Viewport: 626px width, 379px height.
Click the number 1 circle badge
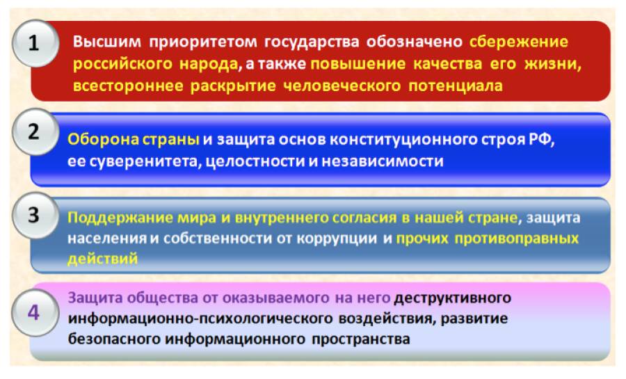click(35, 43)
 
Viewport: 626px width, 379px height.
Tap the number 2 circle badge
click(35, 132)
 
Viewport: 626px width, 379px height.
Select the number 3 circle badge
click(35, 216)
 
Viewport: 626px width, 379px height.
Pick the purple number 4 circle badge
click(35, 313)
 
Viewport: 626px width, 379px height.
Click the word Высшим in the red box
click(107, 42)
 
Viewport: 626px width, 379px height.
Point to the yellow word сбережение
click(519, 42)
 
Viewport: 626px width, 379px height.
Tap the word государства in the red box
click(312, 42)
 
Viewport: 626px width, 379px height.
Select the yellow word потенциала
click(456, 86)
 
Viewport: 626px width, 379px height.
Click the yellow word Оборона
click(103, 139)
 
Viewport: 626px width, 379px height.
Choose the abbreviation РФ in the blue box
click(542, 140)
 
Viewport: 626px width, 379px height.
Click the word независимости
click(383, 161)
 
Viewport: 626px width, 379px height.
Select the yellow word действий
click(103, 259)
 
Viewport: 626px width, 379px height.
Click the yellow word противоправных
click(517, 239)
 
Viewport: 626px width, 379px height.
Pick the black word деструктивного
click(453, 298)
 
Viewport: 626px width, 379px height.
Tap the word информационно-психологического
click(200, 318)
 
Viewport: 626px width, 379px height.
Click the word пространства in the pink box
click(361, 339)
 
